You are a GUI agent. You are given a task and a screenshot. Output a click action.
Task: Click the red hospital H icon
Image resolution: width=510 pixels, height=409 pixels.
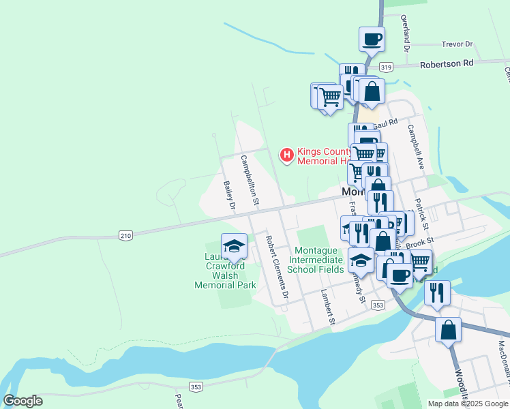pyautogui.click(x=287, y=156)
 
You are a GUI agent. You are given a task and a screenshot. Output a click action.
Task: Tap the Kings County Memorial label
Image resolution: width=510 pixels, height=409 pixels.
pyautogui.click(x=324, y=156)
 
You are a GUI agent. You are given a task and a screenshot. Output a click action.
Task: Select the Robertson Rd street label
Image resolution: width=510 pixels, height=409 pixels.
pyautogui.click(x=447, y=64)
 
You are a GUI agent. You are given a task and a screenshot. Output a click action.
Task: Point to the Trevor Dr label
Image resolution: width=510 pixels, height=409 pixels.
pyautogui.click(x=457, y=44)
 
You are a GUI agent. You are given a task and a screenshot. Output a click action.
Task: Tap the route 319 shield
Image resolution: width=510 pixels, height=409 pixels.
pyautogui.click(x=387, y=67)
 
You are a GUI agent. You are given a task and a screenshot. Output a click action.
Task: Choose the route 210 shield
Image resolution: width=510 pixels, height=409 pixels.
pyautogui.click(x=125, y=236)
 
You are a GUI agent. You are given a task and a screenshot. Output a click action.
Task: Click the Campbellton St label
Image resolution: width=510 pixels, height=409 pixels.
pyautogui.click(x=249, y=179)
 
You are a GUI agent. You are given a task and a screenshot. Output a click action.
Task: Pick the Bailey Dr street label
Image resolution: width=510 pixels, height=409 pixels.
pyautogui.click(x=230, y=194)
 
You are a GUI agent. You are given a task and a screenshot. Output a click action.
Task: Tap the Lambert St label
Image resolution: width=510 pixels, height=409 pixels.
pyautogui.click(x=328, y=306)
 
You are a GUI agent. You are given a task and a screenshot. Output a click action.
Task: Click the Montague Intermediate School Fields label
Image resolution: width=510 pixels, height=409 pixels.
pyautogui.click(x=316, y=260)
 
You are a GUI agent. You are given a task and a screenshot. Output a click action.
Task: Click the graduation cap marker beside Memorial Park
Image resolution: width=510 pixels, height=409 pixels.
pyautogui.click(x=234, y=245)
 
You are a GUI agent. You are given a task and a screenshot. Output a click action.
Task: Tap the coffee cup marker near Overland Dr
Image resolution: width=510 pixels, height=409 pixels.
pyautogui.click(x=372, y=39)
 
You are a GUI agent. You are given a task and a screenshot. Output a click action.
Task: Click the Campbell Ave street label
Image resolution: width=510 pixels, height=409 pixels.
pyautogui.click(x=417, y=146)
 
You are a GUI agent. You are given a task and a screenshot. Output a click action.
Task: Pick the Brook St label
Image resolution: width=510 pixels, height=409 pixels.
pyautogui.click(x=420, y=241)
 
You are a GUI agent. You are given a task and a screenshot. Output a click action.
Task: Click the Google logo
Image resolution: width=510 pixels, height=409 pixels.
pyautogui.click(x=22, y=401)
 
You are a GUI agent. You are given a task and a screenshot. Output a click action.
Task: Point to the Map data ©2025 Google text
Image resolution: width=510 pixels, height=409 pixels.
pyautogui.click(x=467, y=404)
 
